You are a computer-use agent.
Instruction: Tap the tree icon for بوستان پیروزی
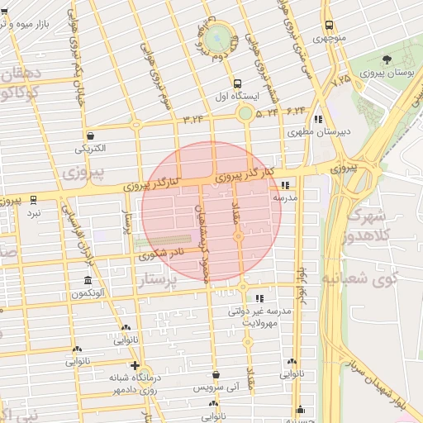(x=387, y=59)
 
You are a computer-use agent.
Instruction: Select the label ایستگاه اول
(x=238, y=96)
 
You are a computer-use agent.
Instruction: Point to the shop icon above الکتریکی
(x=89, y=136)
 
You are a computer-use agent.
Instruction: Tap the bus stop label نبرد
(x=33, y=212)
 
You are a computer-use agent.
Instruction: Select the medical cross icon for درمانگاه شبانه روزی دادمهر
(x=135, y=365)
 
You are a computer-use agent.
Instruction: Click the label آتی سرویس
(x=215, y=387)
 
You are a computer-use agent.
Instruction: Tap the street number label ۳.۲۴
(x=193, y=119)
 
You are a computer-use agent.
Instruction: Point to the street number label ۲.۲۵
(x=340, y=80)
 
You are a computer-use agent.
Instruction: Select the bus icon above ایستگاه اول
(x=238, y=83)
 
